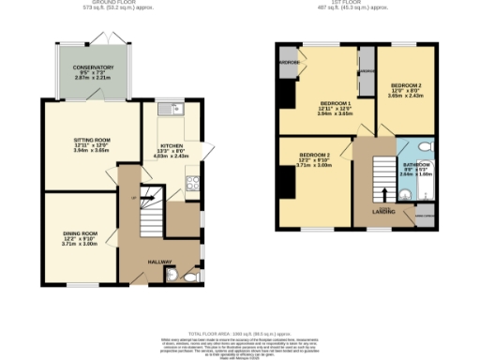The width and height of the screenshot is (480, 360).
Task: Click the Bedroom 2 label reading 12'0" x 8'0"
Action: coord(407,89)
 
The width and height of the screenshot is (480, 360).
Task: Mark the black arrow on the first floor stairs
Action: coord(385,195)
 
